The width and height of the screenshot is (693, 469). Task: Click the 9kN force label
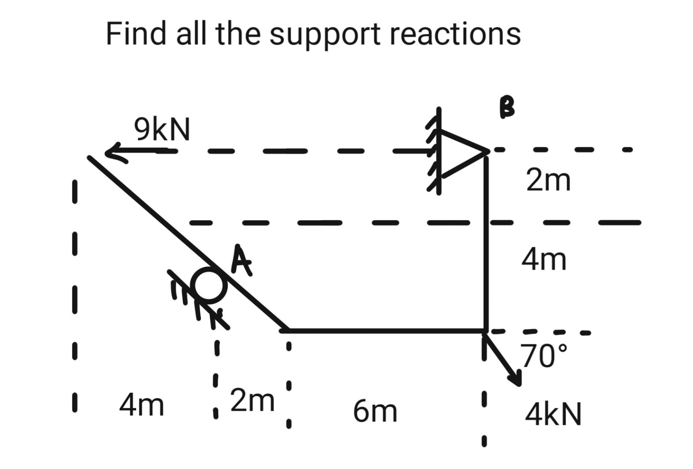(x=162, y=129)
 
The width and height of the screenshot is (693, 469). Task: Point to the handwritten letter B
(x=507, y=107)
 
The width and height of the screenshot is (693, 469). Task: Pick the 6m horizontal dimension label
(x=375, y=411)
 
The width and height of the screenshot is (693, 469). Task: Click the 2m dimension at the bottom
(x=252, y=400)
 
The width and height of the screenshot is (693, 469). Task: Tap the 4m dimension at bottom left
(x=142, y=405)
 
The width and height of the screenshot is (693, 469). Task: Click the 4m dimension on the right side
(x=544, y=260)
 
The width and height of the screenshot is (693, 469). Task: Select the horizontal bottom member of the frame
(x=385, y=331)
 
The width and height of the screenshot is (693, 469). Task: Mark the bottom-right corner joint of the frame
(x=486, y=331)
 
